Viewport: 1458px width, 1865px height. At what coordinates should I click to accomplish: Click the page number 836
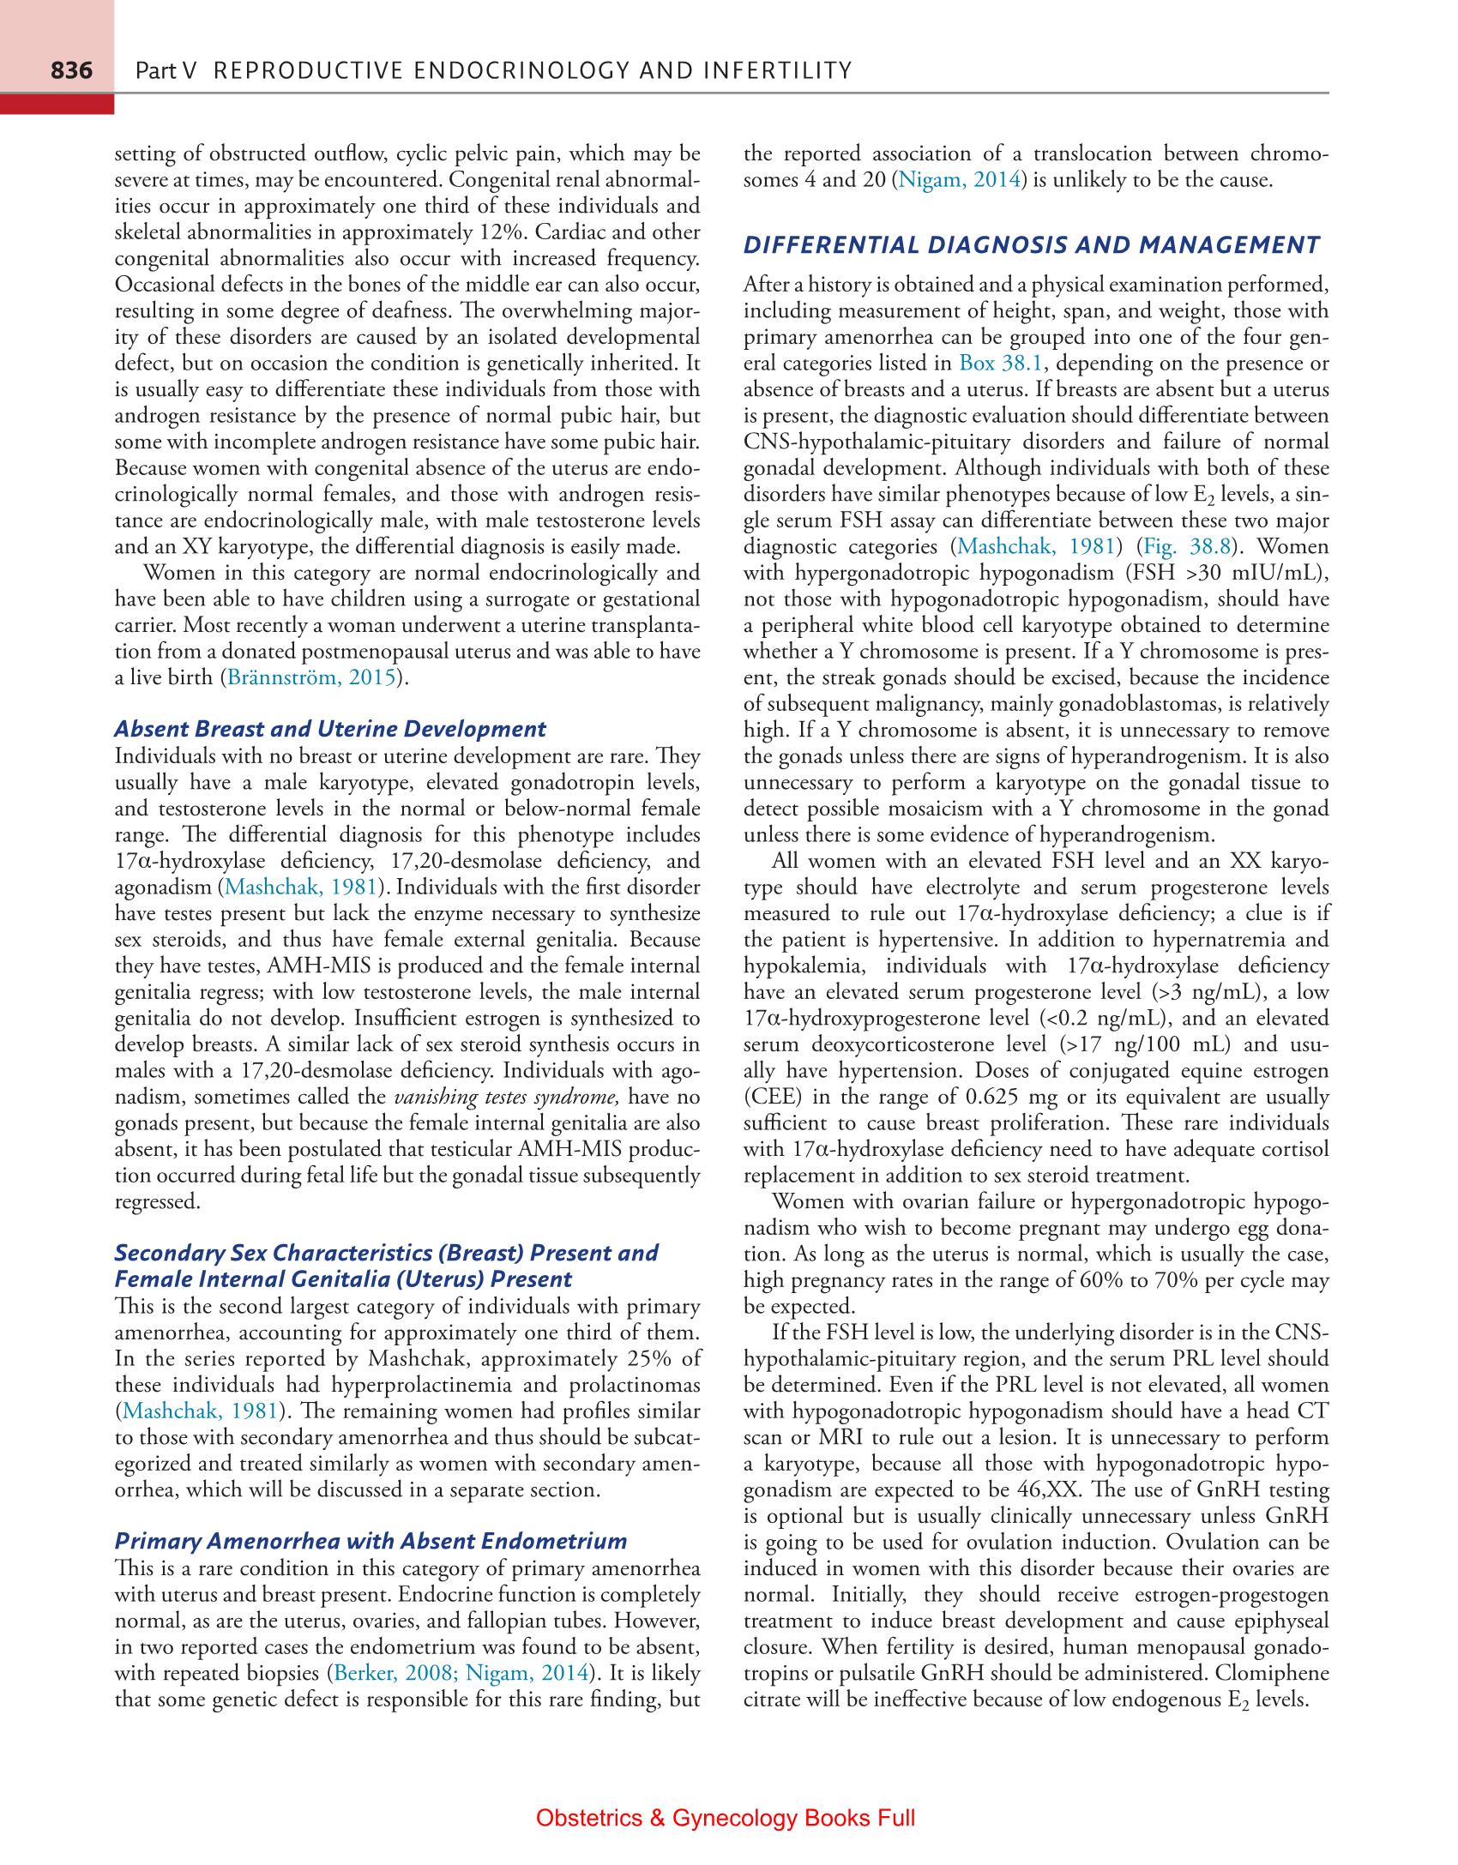tap(71, 70)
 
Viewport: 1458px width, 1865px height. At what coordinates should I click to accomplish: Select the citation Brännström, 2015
tap(311, 677)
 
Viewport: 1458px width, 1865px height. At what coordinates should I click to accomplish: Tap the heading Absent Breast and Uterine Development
tap(330, 729)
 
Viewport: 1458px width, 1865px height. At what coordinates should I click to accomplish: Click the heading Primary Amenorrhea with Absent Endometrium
tap(371, 1541)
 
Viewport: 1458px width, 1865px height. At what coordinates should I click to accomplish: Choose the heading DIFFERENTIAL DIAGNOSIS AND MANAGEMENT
tap(1031, 245)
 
